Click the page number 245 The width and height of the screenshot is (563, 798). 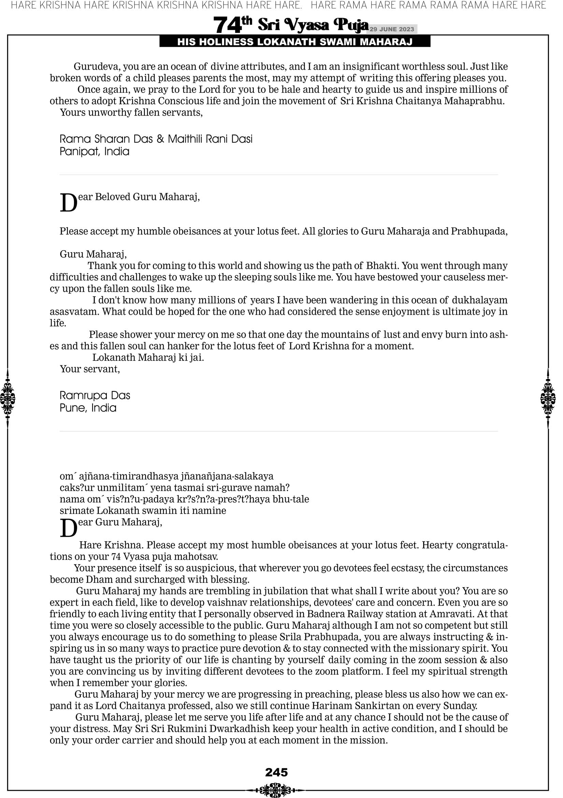click(276, 772)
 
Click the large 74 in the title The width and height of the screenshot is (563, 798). click(227, 25)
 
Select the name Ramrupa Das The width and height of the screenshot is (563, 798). click(95, 395)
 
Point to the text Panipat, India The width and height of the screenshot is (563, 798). click(95, 151)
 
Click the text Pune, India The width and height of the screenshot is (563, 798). click(88, 408)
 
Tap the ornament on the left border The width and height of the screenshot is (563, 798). click(7, 398)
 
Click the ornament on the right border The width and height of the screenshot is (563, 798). click(548, 398)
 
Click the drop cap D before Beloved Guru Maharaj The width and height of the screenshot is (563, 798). click(68, 203)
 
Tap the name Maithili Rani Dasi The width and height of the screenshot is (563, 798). click(210, 139)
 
